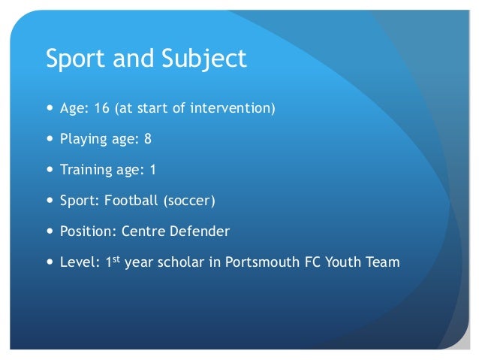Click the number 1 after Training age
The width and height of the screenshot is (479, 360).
click(153, 171)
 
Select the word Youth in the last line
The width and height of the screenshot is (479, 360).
click(340, 262)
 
